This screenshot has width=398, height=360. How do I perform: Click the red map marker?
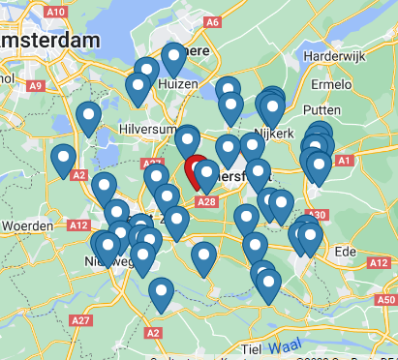tap(197, 169)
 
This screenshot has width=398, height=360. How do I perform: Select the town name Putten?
tap(325, 111)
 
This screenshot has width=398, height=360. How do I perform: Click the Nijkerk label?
tap(273, 134)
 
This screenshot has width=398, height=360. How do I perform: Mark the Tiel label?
tap(252, 348)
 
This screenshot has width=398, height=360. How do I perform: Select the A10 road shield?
tap(55, 12)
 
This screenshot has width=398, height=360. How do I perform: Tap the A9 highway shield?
tap(36, 86)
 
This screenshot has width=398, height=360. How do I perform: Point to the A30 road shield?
tap(316, 215)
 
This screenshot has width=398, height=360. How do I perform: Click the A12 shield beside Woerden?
tap(79, 225)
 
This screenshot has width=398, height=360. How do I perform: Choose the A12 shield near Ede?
tap(376, 263)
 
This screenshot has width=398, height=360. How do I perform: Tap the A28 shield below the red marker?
tap(206, 201)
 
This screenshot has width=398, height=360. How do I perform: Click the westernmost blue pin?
tap(64, 160)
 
